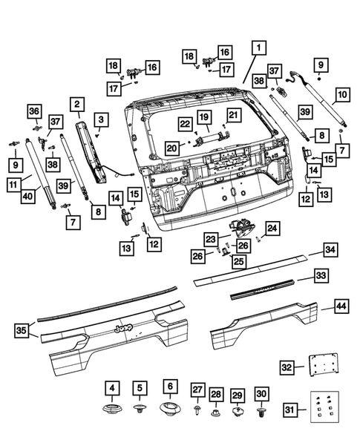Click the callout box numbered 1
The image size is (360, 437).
point(259,48)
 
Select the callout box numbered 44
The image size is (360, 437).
point(341,306)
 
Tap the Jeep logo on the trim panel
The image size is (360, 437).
point(123,328)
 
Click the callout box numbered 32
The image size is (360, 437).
point(287,367)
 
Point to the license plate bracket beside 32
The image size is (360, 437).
point(324,364)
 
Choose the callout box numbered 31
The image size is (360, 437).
point(289,410)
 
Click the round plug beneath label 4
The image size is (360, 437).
point(112,409)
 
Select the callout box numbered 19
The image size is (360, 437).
point(204,117)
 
